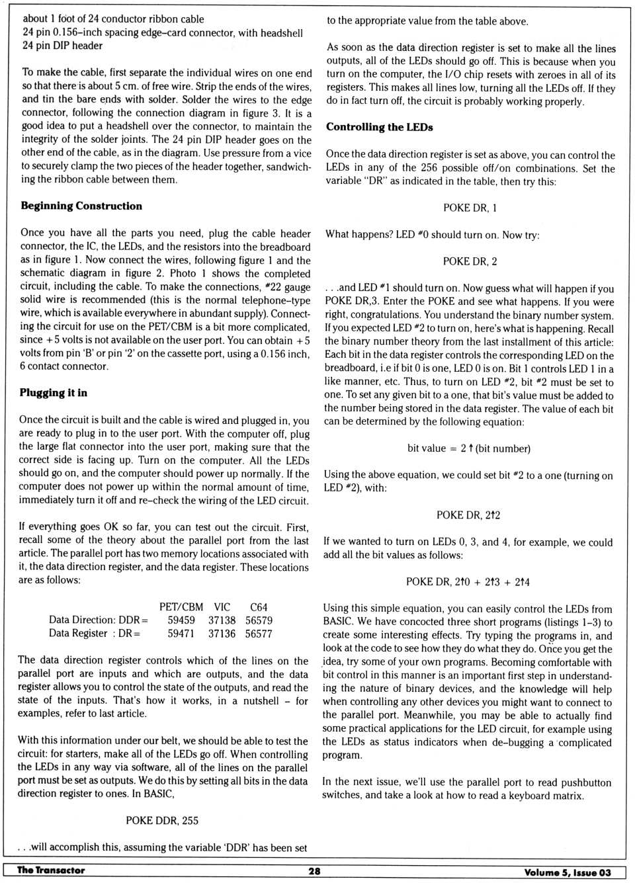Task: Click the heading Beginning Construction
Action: pyautogui.click(x=81, y=206)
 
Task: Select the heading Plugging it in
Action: pyautogui.click(x=53, y=393)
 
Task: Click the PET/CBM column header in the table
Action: pyautogui.click(x=181, y=607)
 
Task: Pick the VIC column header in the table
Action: pyautogui.click(x=222, y=607)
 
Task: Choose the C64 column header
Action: pyautogui.click(x=259, y=607)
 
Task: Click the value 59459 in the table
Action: pyautogui.click(x=181, y=620)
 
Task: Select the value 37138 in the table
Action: pyautogui.click(x=222, y=620)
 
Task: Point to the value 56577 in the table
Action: pyautogui.click(x=259, y=634)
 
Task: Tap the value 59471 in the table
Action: pyautogui.click(x=181, y=634)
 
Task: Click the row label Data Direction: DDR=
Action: pyautogui.click(x=98, y=620)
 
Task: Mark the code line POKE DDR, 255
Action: pyautogui.click(x=162, y=820)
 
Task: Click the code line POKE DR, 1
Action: pyautogui.click(x=470, y=208)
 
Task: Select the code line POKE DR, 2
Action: pyautogui.click(x=470, y=261)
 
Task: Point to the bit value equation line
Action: pyautogui.click(x=468, y=448)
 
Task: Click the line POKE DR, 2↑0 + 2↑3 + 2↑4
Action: pyautogui.click(x=468, y=582)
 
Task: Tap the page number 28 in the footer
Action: pyautogui.click(x=314, y=871)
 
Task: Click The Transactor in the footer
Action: pyautogui.click(x=51, y=870)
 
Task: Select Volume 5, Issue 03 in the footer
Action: pyautogui.click(x=567, y=872)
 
